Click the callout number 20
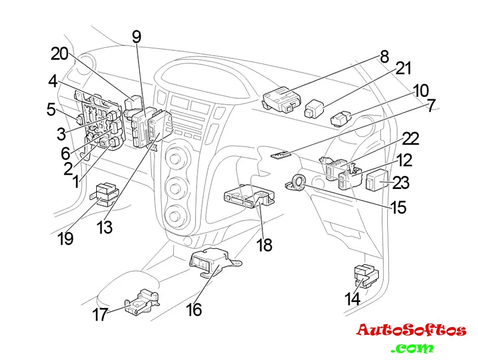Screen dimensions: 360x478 pyautogui.click(x=60, y=54)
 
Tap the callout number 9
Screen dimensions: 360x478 pyautogui.click(x=137, y=37)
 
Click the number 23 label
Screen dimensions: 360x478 pyautogui.click(x=400, y=182)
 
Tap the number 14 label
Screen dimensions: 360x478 pyautogui.click(x=353, y=298)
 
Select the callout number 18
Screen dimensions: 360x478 pyautogui.click(x=264, y=245)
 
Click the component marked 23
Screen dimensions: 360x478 pyautogui.click(x=378, y=179)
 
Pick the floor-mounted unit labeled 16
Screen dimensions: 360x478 pyautogui.click(x=210, y=263)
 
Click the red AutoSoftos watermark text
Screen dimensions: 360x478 pyautogui.click(x=411, y=330)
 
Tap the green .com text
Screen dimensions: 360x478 pyautogui.click(x=412, y=348)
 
